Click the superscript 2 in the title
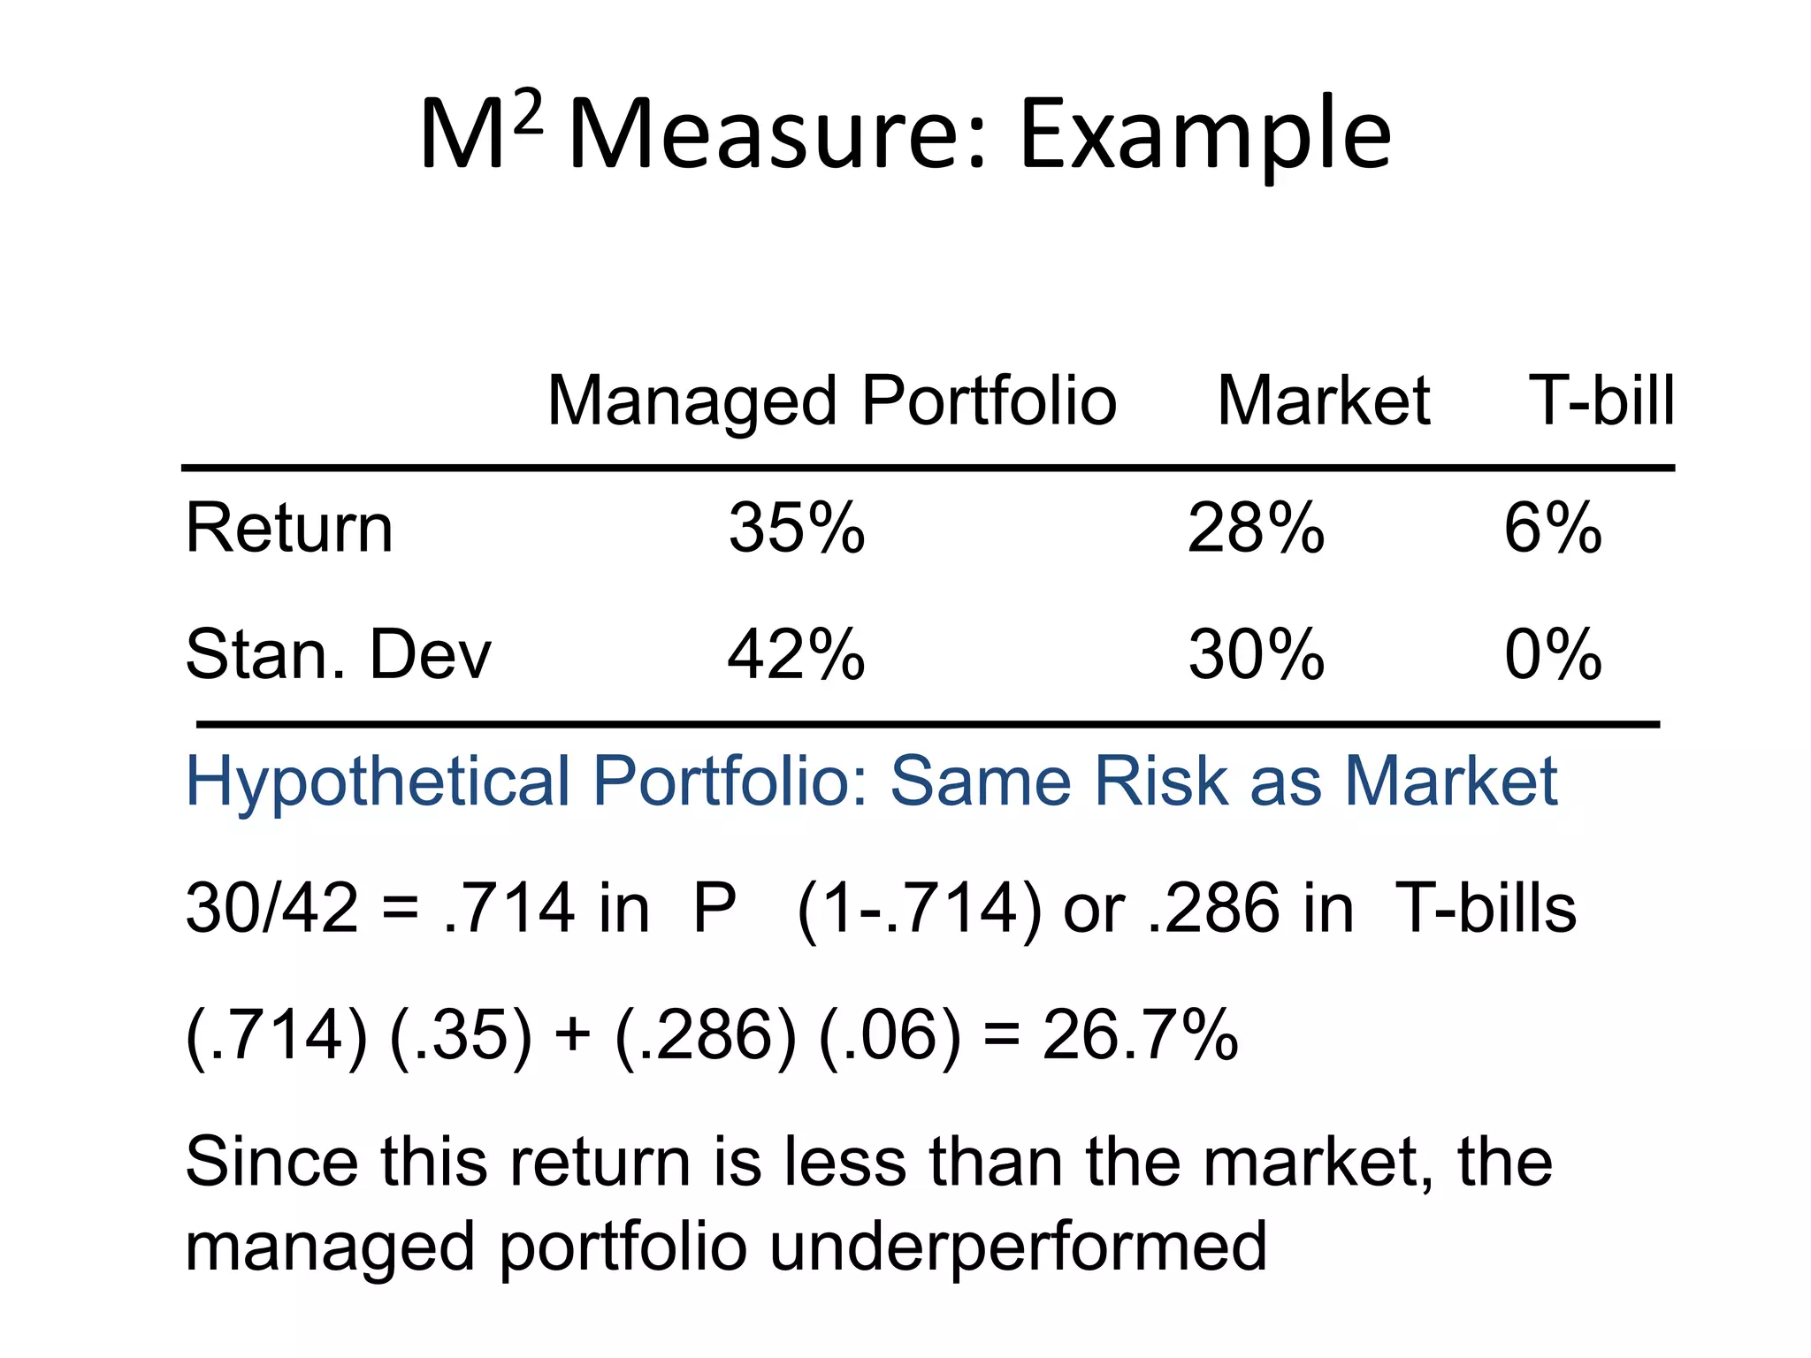pyautogui.click(x=527, y=114)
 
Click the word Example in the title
pyautogui.click(x=1206, y=136)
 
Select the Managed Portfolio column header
pyautogui.click(x=832, y=401)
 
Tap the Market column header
pyautogui.click(x=1324, y=401)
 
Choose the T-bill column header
pyautogui.click(x=1601, y=401)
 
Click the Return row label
pyautogui.click(x=289, y=529)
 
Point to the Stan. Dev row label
pyautogui.click(x=338, y=655)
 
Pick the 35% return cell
pyautogui.click(x=797, y=529)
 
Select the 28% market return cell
pyautogui.click(x=1256, y=529)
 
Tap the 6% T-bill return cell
pyautogui.click(x=1553, y=529)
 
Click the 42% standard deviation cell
pyautogui.click(x=797, y=655)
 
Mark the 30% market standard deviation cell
pyautogui.click(x=1256, y=655)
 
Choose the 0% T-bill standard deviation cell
pyautogui.click(x=1553, y=655)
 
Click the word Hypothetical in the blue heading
pyautogui.click(x=378, y=782)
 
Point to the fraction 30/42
pyautogui.click(x=271, y=909)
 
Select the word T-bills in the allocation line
pyautogui.click(x=1486, y=909)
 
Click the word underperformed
pyautogui.click(x=1018, y=1247)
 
